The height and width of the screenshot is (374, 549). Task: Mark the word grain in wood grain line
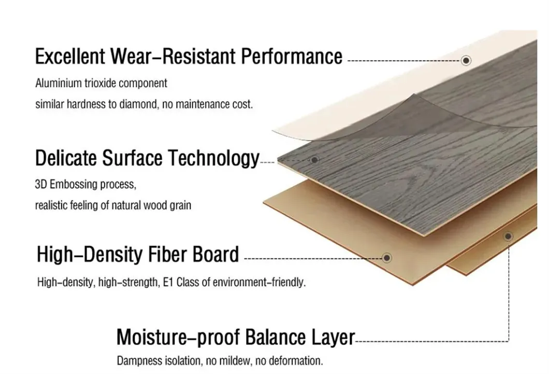pos(180,206)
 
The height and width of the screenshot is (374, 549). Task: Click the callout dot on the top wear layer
pos(466,61)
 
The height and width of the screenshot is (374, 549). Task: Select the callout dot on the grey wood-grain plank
pos(314,160)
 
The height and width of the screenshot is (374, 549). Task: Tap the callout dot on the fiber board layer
pos(386,257)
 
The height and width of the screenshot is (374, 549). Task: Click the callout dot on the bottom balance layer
pos(508,236)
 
